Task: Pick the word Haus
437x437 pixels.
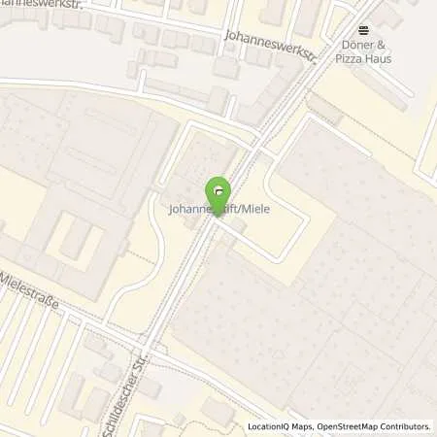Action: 380,59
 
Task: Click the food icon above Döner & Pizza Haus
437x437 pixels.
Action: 363,30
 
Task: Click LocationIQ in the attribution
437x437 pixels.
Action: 269,425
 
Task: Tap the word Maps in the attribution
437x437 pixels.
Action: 301,425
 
